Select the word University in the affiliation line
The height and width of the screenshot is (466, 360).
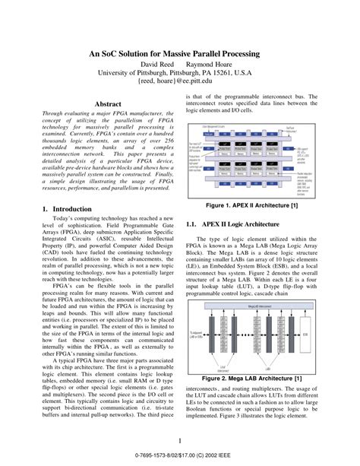click(x=116, y=74)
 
